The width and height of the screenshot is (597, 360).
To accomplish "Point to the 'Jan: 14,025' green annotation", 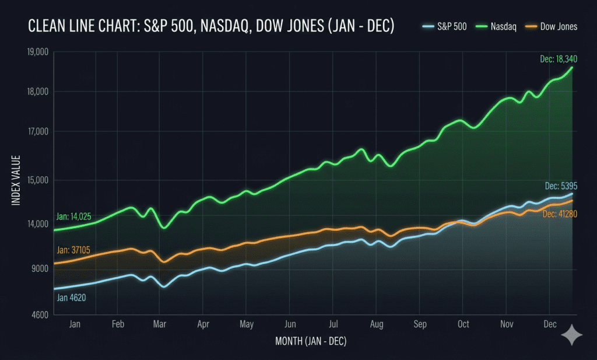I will click(73, 216).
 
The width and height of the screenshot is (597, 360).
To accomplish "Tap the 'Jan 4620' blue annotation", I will click(72, 298).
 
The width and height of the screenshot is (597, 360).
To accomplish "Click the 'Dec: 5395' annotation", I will click(561, 186).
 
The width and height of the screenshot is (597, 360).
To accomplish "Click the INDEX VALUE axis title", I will click(16, 179).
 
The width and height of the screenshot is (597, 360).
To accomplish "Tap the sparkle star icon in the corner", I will click(572, 336).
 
